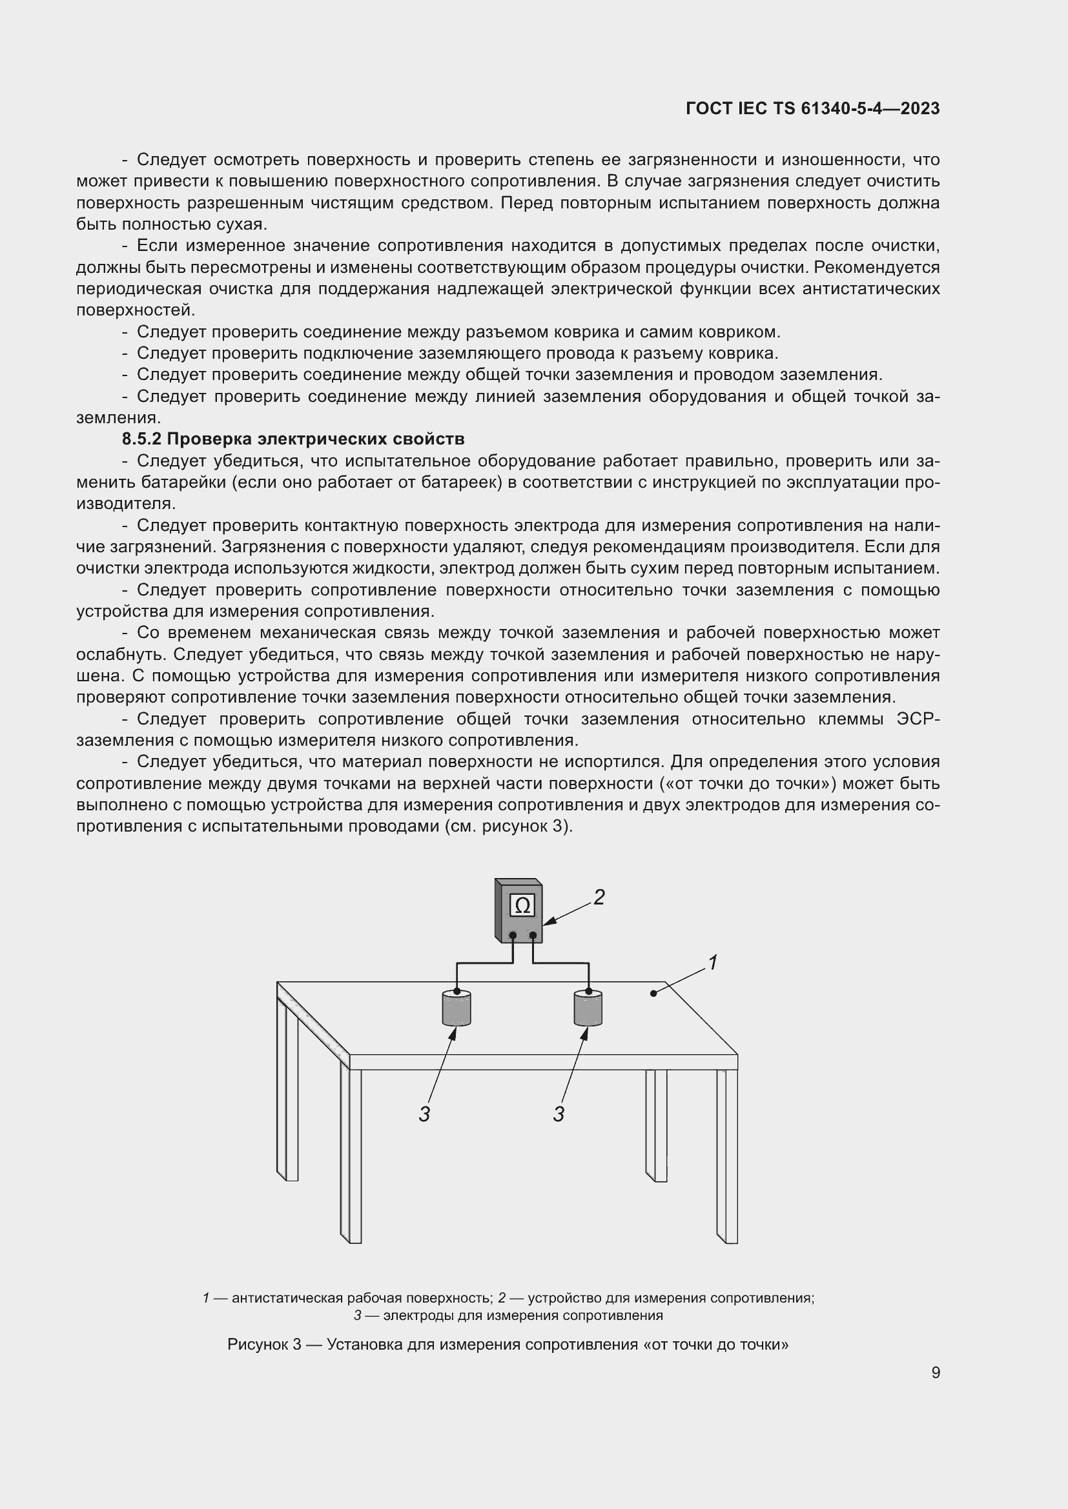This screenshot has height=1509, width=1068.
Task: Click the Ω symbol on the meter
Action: click(x=522, y=906)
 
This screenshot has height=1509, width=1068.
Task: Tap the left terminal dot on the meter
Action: click(x=512, y=935)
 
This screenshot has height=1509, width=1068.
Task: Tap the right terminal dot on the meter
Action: click(x=533, y=935)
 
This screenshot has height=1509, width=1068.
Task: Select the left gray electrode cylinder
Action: click(x=457, y=1009)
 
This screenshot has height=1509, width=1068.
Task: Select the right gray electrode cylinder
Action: click(x=588, y=1009)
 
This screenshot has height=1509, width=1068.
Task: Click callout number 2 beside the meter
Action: click(x=599, y=897)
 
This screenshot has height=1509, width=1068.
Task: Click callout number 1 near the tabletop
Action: click(x=712, y=963)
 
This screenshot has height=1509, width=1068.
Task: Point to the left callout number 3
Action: click(x=425, y=1114)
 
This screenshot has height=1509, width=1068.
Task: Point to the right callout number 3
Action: click(x=559, y=1114)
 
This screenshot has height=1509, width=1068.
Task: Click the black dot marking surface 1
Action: click(x=653, y=993)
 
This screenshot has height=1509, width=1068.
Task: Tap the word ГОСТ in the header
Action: click(x=708, y=108)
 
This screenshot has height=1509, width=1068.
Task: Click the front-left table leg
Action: click(x=351, y=1157)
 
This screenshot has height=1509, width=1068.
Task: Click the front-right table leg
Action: click(x=727, y=1157)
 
